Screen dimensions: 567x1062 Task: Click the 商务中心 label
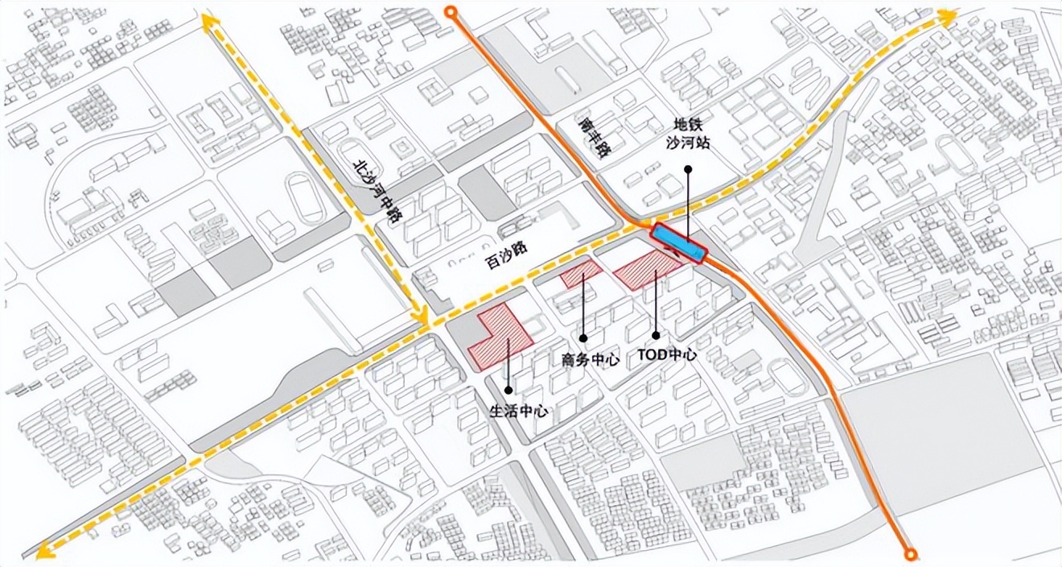coord(590,359)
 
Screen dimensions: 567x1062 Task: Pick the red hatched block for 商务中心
coord(581,274)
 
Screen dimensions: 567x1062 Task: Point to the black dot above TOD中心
coord(656,335)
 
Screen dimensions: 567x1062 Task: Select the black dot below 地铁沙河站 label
coord(689,169)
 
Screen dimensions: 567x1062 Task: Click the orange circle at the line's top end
coord(451,11)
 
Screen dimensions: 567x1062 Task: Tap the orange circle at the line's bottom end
coord(910,553)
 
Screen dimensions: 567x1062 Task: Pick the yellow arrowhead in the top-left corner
coord(210,22)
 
